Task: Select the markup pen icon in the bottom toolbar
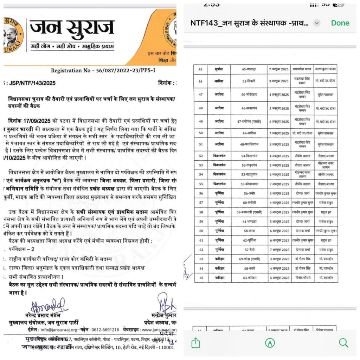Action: tap(269, 342)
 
